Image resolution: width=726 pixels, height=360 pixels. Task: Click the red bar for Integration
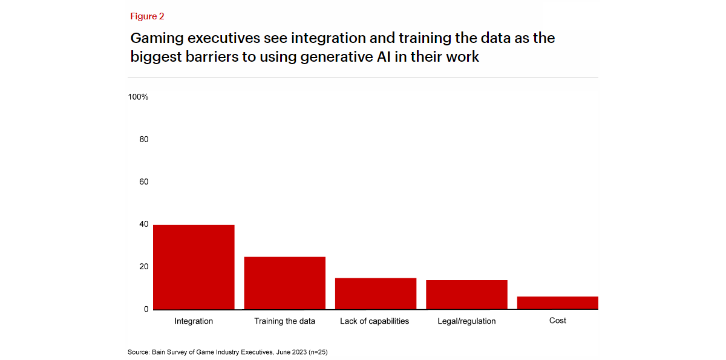click(194, 267)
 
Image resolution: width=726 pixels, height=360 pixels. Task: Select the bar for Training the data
click(284, 283)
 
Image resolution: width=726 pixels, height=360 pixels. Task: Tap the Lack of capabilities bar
click(375, 293)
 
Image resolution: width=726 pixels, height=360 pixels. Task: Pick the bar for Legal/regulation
click(466, 295)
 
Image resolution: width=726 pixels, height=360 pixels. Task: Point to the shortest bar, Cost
click(557, 303)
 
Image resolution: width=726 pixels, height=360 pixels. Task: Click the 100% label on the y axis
click(138, 97)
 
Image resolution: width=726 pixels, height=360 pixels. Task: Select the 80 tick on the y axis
click(143, 139)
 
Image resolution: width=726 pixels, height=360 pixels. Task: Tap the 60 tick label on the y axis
click(143, 182)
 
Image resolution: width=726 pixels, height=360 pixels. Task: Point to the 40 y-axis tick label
click(143, 224)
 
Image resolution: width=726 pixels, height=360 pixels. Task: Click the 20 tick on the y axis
click(143, 266)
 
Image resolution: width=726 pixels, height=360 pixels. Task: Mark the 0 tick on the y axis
click(146, 309)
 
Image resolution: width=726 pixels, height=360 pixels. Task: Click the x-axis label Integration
click(194, 321)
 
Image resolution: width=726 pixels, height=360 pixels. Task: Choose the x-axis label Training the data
click(284, 321)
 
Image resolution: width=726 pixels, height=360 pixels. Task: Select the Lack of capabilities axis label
click(374, 321)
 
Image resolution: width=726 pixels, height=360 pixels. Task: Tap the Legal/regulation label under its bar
click(466, 321)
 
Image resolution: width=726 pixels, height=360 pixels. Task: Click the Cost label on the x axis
click(558, 321)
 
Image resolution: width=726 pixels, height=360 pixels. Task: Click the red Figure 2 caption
click(147, 16)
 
